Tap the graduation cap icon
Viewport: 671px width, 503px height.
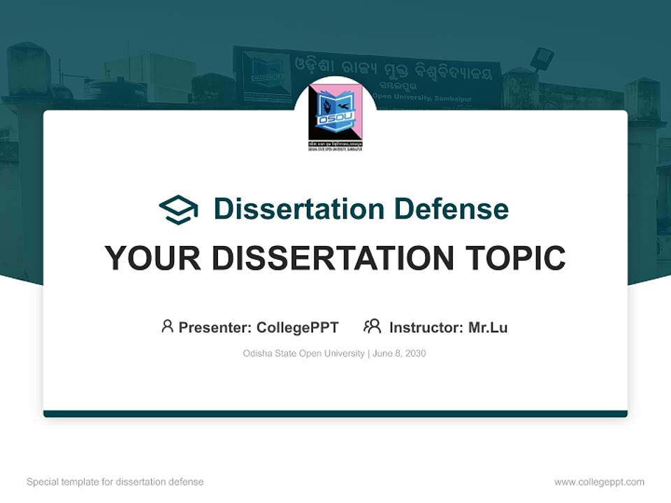178,210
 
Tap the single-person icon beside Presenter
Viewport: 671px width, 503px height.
167,326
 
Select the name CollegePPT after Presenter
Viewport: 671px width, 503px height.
298,328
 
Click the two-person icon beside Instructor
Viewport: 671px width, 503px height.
372,326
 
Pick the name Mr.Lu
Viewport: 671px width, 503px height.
488,328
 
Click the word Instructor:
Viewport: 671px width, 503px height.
426,328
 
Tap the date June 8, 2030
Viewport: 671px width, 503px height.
399,353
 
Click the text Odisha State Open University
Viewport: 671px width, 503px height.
303,353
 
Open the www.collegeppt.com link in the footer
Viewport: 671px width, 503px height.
599,482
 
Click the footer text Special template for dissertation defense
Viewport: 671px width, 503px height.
115,482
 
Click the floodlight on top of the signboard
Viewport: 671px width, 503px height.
542,59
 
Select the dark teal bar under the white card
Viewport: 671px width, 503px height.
335,414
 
